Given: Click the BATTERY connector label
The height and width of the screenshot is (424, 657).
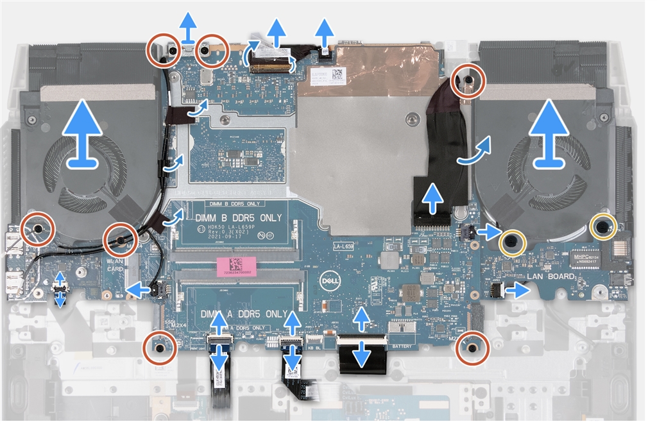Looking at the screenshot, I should pos(401,327).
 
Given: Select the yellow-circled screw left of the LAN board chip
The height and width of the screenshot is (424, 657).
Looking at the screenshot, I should pos(512,241).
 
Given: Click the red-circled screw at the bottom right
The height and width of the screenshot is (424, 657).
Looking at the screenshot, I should pos(472,348).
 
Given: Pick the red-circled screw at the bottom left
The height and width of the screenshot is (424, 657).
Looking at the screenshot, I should pos(158,349).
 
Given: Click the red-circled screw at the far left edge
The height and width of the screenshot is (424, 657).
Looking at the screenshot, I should pos(36,229).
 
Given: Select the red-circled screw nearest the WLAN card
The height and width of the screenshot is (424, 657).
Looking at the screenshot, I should pos(120,240).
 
